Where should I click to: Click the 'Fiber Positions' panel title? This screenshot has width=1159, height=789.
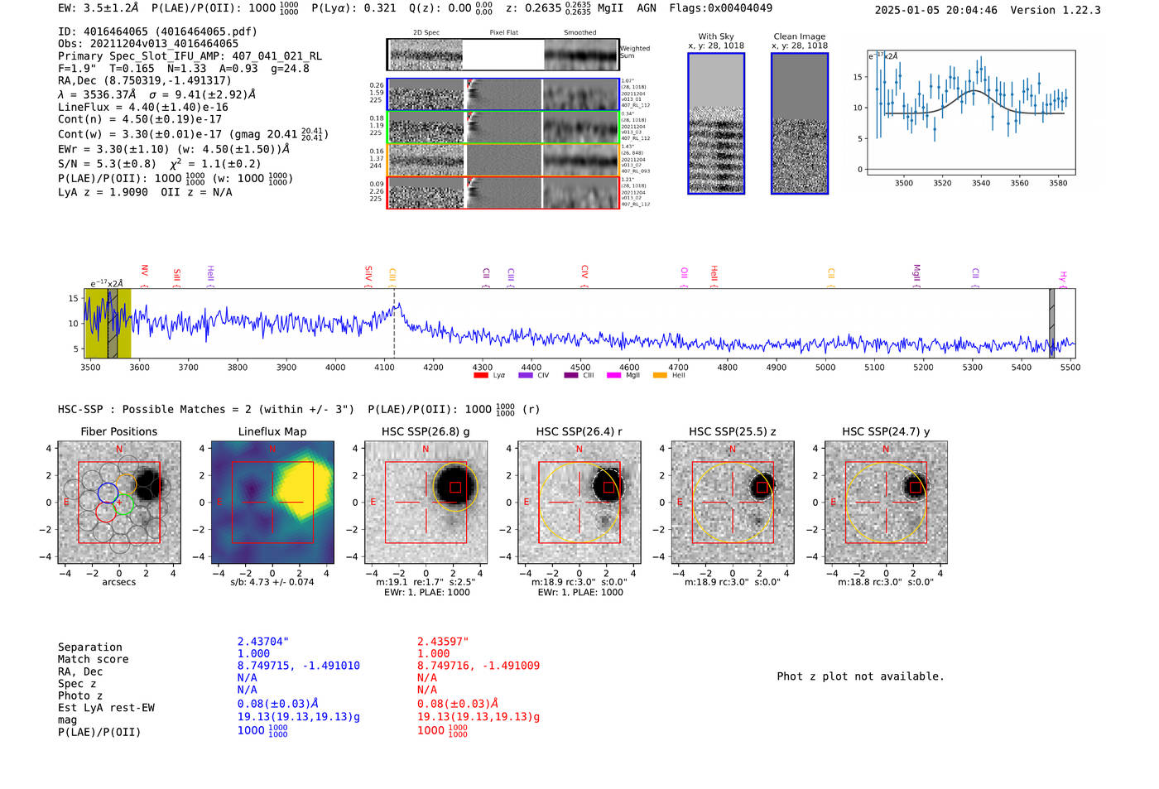(x=118, y=431)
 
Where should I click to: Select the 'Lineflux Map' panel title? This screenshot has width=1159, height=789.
(x=272, y=431)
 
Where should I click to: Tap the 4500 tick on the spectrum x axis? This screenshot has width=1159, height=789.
(x=580, y=368)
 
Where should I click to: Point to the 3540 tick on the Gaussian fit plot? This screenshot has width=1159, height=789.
(x=981, y=183)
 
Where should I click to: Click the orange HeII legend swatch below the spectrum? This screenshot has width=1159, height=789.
(x=660, y=376)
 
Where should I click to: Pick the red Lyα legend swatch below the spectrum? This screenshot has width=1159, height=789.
(x=480, y=376)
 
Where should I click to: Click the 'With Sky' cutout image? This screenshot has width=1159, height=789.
(x=716, y=123)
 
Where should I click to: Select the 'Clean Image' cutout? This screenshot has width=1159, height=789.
(x=799, y=123)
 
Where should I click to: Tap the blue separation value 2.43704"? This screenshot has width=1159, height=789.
(x=263, y=642)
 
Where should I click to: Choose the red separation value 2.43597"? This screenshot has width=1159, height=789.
(x=443, y=642)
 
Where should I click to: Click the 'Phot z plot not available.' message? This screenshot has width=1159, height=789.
(x=860, y=676)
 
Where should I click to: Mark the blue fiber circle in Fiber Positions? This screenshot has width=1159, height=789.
(x=108, y=493)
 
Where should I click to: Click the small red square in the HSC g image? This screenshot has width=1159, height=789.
(x=455, y=488)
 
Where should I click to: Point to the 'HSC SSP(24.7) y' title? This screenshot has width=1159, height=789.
(x=886, y=431)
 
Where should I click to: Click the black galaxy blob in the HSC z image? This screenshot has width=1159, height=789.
(x=762, y=487)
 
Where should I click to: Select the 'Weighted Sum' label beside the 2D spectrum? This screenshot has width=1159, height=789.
(x=635, y=52)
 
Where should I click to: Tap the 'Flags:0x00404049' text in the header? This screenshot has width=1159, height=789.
(x=721, y=8)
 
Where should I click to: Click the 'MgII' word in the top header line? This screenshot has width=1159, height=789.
(x=611, y=8)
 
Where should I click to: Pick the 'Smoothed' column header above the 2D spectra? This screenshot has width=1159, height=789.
(x=579, y=33)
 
